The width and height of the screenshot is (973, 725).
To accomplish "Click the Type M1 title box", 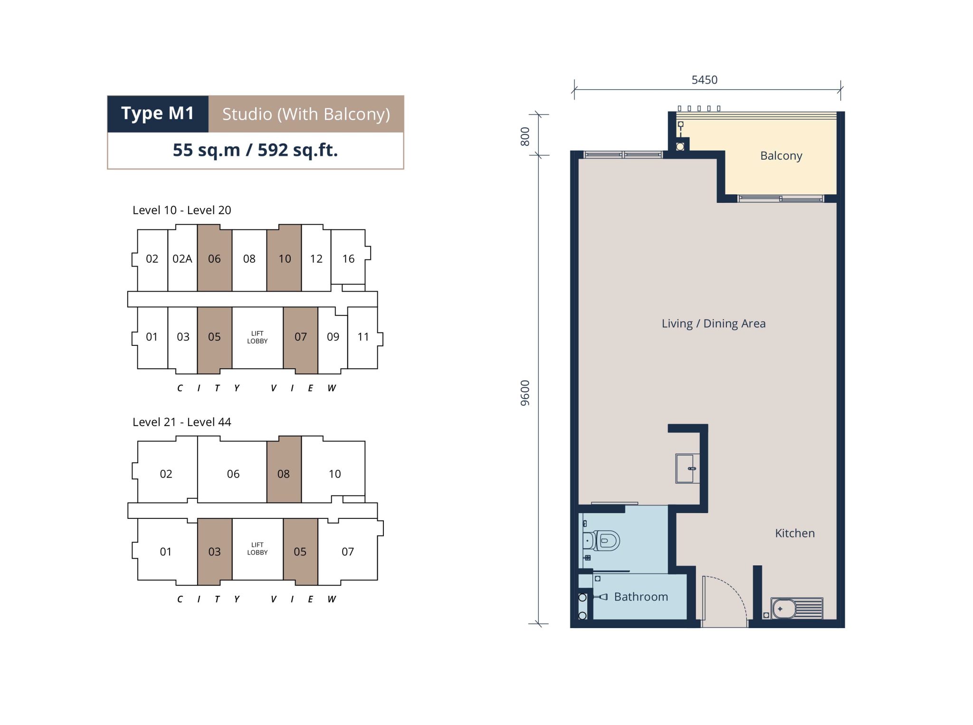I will click(x=157, y=114).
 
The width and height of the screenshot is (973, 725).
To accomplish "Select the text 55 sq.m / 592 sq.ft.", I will click(x=255, y=150).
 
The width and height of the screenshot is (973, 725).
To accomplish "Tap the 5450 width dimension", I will click(x=704, y=80).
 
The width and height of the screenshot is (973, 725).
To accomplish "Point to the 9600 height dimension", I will click(x=525, y=393).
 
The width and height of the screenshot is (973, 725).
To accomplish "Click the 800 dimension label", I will click(x=525, y=136).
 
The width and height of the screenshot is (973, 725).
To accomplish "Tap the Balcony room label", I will click(x=781, y=156).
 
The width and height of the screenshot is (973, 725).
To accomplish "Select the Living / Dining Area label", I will click(x=713, y=324).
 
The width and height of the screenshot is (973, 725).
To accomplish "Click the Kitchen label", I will click(x=794, y=533).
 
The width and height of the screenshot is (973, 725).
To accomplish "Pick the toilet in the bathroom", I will click(x=603, y=541).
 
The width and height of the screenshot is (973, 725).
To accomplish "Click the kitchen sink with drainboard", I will click(x=797, y=609).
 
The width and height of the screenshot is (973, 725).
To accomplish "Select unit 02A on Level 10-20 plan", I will click(x=182, y=259).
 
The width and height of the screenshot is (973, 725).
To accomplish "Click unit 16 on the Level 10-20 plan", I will click(x=348, y=259).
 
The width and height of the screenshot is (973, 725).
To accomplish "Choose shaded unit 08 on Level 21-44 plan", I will click(x=284, y=474).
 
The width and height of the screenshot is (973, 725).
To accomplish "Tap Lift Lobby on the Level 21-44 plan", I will click(x=257, y=549).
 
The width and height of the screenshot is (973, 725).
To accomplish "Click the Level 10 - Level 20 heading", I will click(x=181, y=210).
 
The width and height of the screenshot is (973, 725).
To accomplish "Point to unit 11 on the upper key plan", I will click(x=363, y=337).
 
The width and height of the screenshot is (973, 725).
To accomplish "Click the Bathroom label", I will click(x=640, y=597).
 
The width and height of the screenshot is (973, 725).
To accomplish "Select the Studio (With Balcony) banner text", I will click(x=306, y=114).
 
